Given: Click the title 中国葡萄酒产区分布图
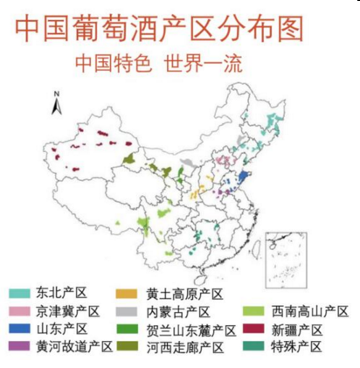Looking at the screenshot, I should pyautogui.click(x=161, y=28).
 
